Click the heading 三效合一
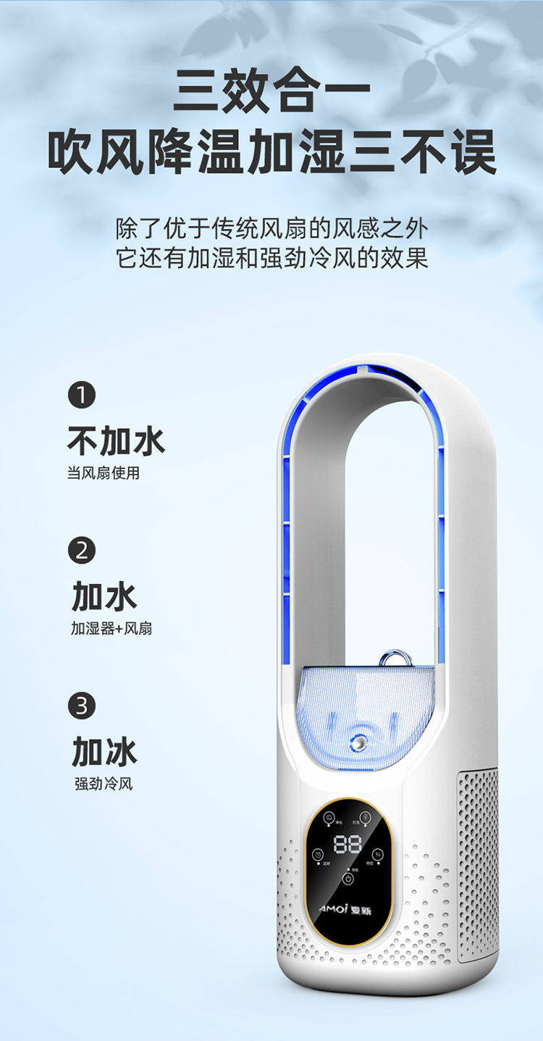[x=271, y=91]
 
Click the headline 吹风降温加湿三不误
[x=271, y=152]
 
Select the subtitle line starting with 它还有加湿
[x=271, y=258]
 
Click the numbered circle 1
[x=81, y=396]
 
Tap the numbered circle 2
[x=81, y=551]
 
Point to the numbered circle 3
[x=81, y=706]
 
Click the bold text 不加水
[x=116, y=440]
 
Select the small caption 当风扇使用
[x=103, y=474]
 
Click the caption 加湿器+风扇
[x=111, y=629]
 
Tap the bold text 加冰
[x=104, y=751]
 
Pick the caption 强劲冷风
[x=104, y=784]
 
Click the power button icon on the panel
[x=348, y=879]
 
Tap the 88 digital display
[x=348, y=844]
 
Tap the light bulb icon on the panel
[x=366, y=817]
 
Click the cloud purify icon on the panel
[x=329, y=817]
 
